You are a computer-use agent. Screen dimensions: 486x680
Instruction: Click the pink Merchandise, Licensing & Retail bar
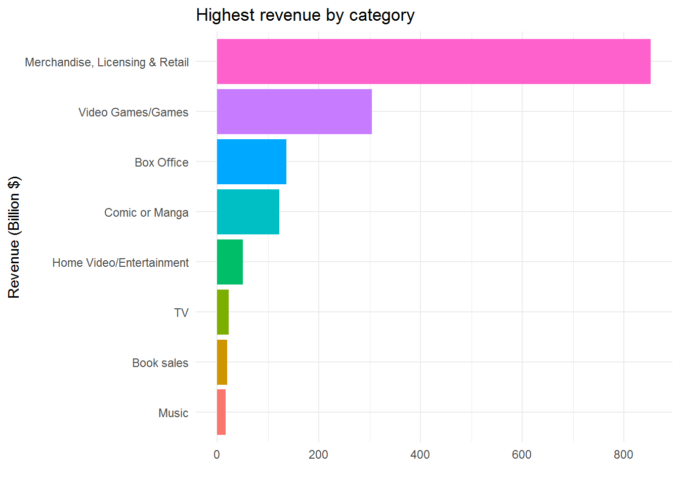(434, 61)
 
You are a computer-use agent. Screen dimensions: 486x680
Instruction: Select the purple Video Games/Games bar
(294, 111)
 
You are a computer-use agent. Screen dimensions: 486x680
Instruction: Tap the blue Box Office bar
(251, 161)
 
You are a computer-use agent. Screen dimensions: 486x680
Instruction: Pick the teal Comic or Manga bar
(248, 212)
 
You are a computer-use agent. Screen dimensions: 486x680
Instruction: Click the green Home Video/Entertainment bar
(230, 262)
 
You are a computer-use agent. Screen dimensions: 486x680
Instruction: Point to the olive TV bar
(223, 312)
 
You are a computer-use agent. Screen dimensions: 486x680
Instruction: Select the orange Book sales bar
(222, 362)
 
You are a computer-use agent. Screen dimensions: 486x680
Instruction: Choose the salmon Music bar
(221, 412)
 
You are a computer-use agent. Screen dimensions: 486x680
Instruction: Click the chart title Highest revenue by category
(305, 15)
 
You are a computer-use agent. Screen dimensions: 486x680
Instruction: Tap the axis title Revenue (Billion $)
(14, 237)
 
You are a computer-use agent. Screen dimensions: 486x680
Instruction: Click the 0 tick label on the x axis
(217, 455)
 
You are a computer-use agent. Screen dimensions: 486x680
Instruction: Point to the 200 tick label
(318, 455)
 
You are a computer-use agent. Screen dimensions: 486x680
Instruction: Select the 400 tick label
(420, 455)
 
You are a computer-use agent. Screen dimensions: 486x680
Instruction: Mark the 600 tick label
(522, 455)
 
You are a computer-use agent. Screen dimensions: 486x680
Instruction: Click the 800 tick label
(623, 455)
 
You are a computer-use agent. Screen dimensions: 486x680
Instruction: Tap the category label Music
(173, 413)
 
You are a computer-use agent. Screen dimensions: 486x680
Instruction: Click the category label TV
(181, 313)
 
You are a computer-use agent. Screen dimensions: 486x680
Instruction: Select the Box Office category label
(161, 163)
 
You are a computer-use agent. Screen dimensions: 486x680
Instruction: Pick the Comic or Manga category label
(146, 213)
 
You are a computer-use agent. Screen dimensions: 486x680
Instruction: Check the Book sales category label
(160, 363)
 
